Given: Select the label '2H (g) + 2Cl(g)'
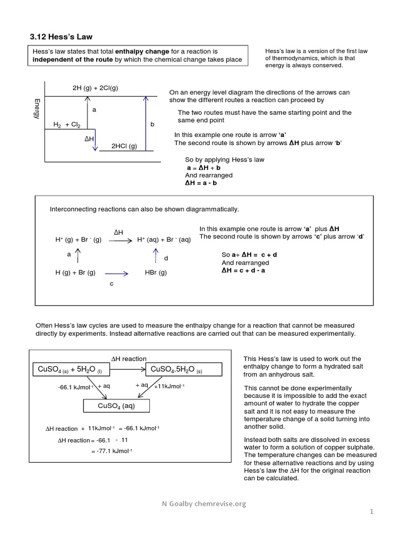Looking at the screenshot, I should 95,88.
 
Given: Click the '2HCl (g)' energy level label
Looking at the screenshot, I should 124,146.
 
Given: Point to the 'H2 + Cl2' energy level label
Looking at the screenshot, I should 67,124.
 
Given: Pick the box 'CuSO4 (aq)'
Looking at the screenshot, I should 116,406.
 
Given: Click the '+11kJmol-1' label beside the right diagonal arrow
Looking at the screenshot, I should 168,386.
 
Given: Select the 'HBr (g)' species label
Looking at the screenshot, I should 156,273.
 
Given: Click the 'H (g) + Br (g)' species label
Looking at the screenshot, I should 75,273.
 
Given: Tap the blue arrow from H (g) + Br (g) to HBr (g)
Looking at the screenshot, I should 118,274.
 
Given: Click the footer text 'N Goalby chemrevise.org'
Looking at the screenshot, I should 205,504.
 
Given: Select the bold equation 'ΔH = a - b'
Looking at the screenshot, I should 200,183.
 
